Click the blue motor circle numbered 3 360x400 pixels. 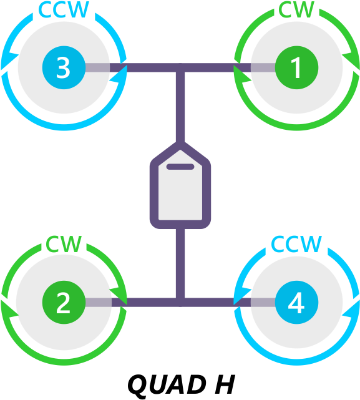pyautogui.click(x=64, y=67)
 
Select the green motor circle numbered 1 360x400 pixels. pyautogui.click(x=297, y=67)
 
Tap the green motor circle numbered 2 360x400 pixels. pyautogui.click(x=64, y=302)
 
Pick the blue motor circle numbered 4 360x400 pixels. pyautogui.click(x=297, y=302)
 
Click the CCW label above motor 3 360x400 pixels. pyautogui.click(x=64, y=10)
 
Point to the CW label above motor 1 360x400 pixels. pyautogui.click(x=296, y=10)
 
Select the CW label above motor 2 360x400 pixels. pyautogui.click(x=64, y=244)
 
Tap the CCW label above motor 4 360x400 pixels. pyautogui.click(x=296, y=244)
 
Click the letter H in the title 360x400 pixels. pyautogui.click(x=225, y=384)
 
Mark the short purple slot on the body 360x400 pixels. pyautogui.click(x=180, y=167)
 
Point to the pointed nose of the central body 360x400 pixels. pyautogui.click(x=180, y=146)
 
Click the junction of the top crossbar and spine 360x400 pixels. pyautogui.click(x=180, y=67)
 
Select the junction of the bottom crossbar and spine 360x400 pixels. pyautogui.click(x=180, y=302)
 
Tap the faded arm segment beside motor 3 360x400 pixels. pyautogui.click(x=97, y=67)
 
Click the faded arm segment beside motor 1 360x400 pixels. pyautogui.click(x=263, y=67)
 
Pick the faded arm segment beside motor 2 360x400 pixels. pyautogui.click(x=99, y=302)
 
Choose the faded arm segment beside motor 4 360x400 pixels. pyautogui.click(x=263, y=302)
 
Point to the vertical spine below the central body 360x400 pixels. pyautogui.click(x=180, y=263)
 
